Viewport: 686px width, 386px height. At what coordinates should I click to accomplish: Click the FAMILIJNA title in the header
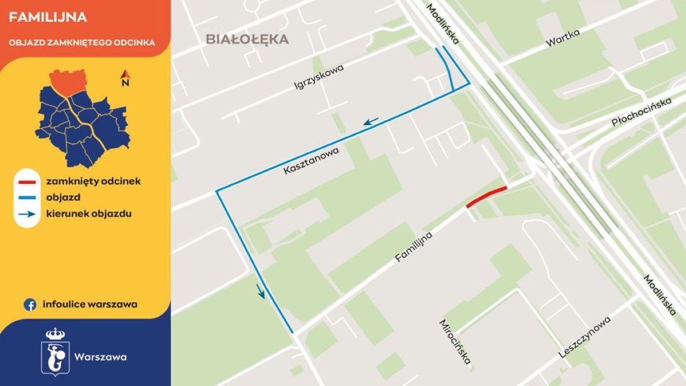click(x=48, y=17)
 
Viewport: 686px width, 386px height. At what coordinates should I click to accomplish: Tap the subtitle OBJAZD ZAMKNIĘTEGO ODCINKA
click(x=82, y=42)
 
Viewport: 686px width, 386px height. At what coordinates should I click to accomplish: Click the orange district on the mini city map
click(x=67, y=83)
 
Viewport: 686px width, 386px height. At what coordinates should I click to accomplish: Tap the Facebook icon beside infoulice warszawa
click(x=30, y=305)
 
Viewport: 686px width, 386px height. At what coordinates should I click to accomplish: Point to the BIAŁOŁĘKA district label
click(x=247, y=40)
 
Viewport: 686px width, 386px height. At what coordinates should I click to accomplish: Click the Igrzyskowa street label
click(x=319, y=77)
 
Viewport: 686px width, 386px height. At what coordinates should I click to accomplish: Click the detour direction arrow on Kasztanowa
click(x=371, y=121)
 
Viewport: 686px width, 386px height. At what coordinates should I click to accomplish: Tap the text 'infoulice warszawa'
click(x=90, y=305)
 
